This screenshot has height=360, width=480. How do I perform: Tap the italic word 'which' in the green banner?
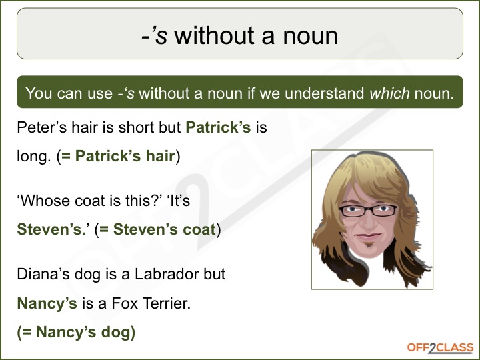(389, 93)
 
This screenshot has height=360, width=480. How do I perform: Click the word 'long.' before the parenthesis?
(34, 156)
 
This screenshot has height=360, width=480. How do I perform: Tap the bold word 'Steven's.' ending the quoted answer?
(52, 229)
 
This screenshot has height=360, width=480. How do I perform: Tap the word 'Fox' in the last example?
(124, 303)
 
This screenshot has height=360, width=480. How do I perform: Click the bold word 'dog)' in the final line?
(118, 333)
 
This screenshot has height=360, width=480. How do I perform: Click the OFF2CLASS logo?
(440, 348)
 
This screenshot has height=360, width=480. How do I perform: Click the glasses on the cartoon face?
(367, 211)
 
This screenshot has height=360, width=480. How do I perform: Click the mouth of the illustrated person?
(368, 236)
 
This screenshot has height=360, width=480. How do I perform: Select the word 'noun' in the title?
(311, 35)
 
